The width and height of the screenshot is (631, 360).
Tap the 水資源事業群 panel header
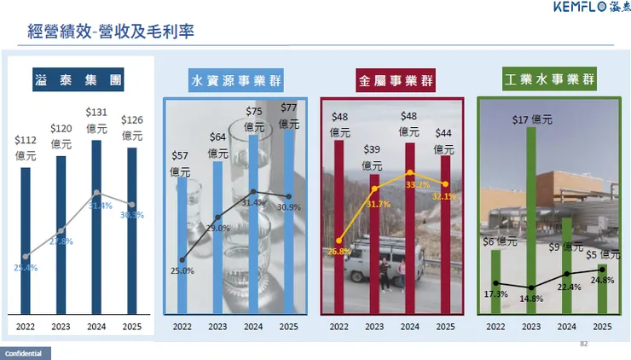tap(236, 81)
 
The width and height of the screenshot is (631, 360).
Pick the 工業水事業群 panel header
tap(549, 81)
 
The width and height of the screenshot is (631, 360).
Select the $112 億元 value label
tap(26, 148)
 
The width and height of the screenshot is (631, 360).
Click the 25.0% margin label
tap(182, 271)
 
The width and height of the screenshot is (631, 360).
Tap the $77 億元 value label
tap(289, 115)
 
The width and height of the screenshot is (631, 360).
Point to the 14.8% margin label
tap(530, 299)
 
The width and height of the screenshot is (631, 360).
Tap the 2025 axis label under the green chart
tap(602, 326)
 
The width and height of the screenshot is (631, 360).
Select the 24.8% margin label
tap(601, 280)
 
